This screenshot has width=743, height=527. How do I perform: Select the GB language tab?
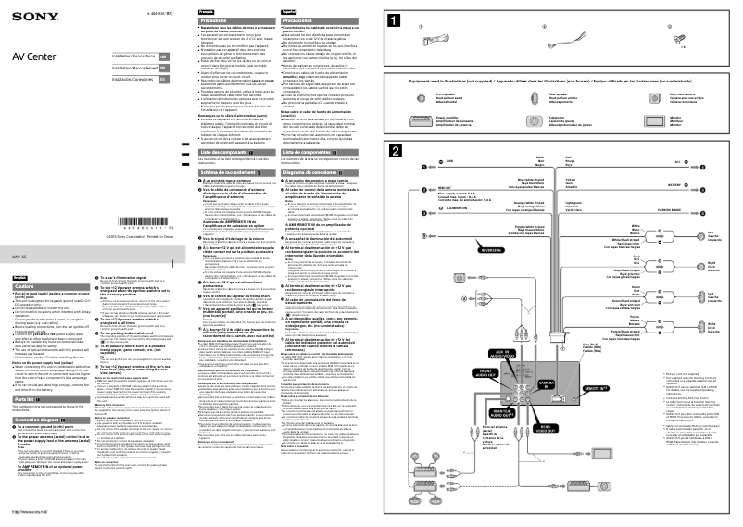[162, 56]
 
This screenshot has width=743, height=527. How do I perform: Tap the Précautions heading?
[224, 18]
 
